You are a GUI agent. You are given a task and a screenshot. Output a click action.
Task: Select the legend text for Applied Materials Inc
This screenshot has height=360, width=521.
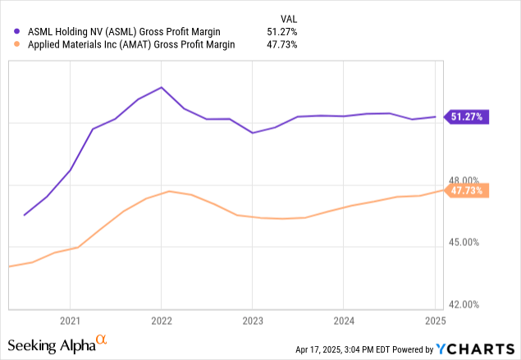[x=130, y=45]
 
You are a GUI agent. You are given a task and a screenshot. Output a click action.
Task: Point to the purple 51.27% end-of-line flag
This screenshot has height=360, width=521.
[x=468, y=116]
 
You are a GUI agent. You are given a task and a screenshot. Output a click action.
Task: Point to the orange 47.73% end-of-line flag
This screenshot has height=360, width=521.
[x=468, y=190]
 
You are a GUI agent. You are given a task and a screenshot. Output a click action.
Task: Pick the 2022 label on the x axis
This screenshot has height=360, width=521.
[x=161, y=321]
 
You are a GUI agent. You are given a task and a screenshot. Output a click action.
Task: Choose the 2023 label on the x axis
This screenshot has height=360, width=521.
[x=253, y=321]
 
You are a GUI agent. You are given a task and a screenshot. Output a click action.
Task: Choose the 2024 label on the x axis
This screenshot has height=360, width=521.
[x=344, y=321]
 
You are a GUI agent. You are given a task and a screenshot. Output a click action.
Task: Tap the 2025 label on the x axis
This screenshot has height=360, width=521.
[x=435, y=321]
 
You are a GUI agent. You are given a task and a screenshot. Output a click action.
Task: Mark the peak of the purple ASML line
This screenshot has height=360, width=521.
[x=161, y=87]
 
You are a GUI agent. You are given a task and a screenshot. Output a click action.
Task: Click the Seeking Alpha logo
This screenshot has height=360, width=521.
[x=57, y=344]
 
